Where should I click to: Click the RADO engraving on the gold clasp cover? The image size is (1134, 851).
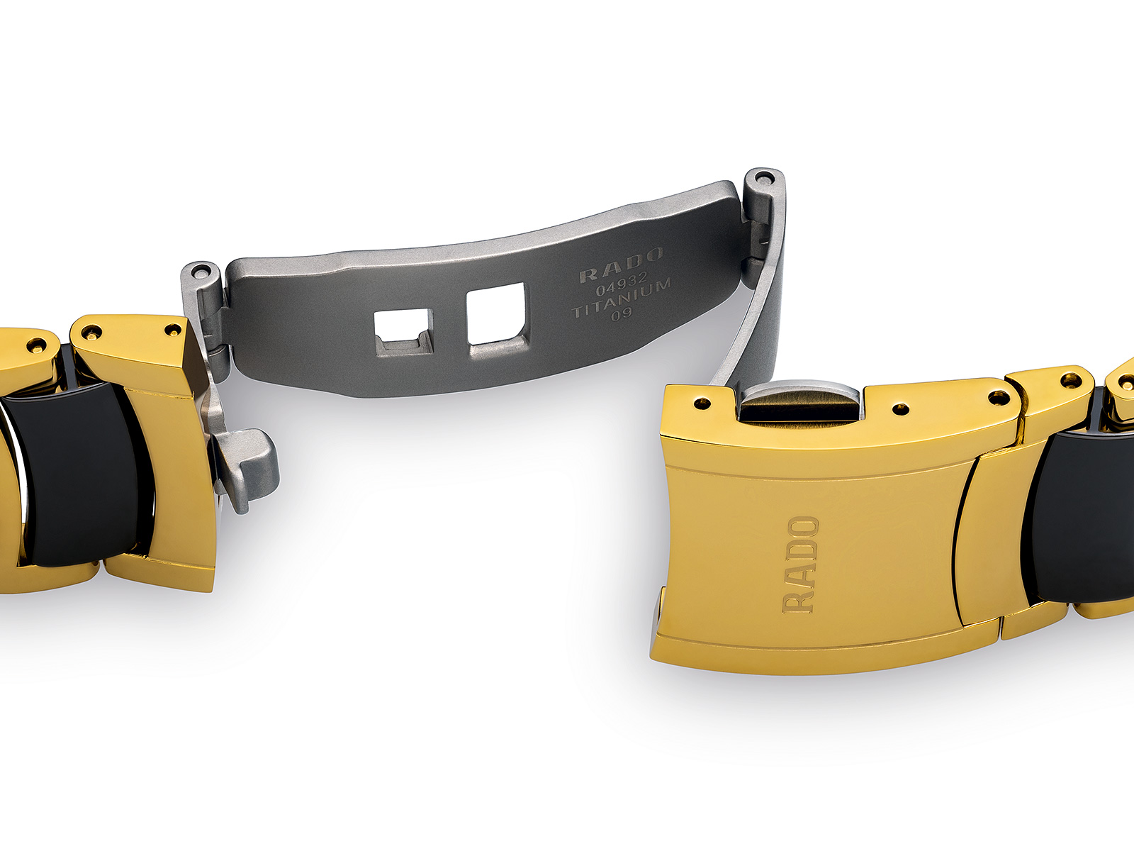801,564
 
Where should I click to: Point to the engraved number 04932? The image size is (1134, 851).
622,284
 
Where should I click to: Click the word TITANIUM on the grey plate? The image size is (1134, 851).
622,299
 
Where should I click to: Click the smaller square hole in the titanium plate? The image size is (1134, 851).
403,332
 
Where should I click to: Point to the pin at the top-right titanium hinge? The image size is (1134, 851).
764,178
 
